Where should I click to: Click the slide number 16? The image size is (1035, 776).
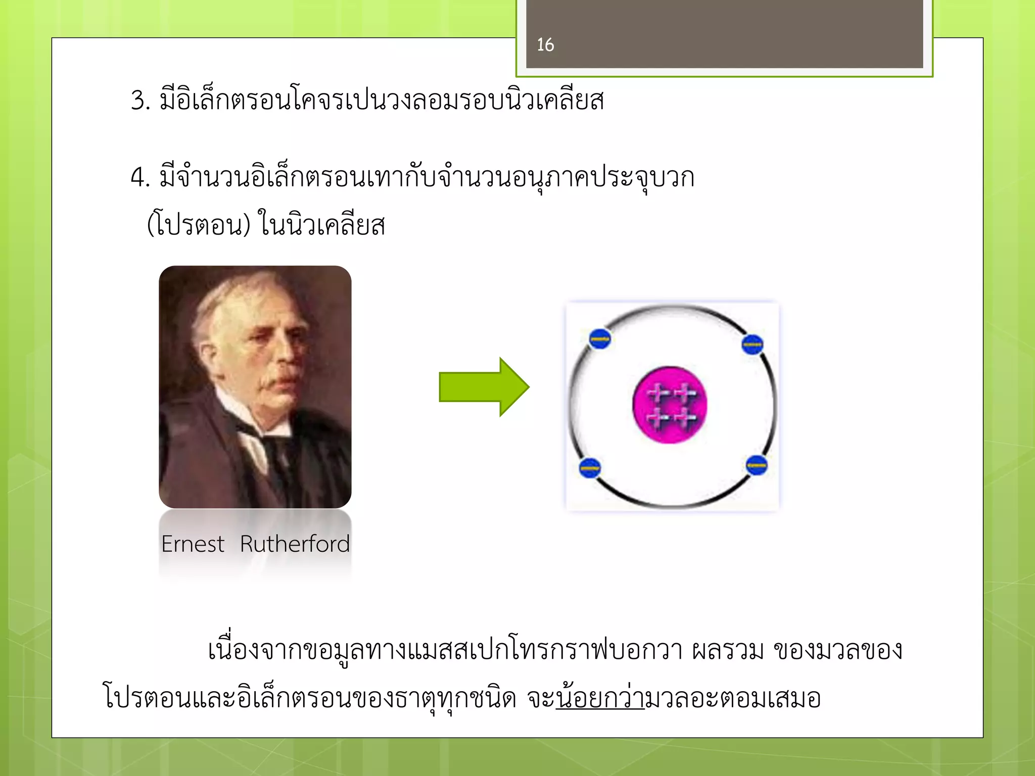(x=545, y=45)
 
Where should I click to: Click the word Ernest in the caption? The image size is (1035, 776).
(x=193, y=544)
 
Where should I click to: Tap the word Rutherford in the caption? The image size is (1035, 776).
(x=295, y=544)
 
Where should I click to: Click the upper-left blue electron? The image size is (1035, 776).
(x=600, y=339)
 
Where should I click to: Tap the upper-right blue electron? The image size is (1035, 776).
(x=752, y=345)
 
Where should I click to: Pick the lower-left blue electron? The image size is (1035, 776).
(x=589, y=468)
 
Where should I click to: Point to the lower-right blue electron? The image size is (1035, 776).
(x=757, y=465)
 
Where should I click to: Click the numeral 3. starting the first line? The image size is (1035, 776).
(x=140, y=100)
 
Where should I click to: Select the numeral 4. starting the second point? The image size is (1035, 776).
(x=140, y=178)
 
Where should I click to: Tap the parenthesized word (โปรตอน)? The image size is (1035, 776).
(x=199, y=225)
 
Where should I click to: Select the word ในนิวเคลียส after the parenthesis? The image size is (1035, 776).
(x=322, y=225)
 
